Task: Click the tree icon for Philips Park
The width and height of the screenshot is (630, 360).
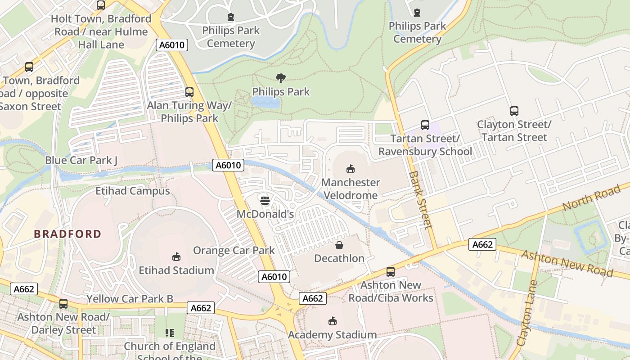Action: point(281,79)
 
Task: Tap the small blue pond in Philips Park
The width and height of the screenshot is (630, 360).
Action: point(265,103)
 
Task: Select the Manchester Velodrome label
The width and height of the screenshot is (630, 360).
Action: point(350,189)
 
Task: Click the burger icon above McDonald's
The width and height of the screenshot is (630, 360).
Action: point(265,200)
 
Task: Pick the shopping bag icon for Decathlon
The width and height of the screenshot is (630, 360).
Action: point(339,245)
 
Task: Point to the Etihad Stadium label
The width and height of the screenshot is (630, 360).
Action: point(176,270)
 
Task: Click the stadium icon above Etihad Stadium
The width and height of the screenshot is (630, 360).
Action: point(176,257)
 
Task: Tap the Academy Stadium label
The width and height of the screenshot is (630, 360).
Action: point(332,335)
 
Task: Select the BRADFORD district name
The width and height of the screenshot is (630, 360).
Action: point(67,234)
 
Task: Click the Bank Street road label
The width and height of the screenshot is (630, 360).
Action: point(421,200)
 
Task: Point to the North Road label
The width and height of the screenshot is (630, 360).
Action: point(591,198)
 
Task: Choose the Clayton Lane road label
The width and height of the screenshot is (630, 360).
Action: point(527,313)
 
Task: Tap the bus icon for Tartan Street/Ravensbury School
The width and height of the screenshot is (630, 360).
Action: point(425,125)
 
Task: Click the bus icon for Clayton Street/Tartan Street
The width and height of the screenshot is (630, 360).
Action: point(514,111)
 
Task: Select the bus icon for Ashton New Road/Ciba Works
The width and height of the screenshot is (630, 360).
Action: point(391,272)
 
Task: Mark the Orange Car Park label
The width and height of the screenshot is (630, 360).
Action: point(234,250)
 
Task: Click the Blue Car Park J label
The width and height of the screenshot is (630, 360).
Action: point(81,160)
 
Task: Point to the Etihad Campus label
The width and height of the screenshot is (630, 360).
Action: point(132,191)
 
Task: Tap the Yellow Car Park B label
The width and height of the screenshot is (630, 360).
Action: point(130,299)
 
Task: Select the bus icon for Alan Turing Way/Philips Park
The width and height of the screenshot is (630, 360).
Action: point(189,92)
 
